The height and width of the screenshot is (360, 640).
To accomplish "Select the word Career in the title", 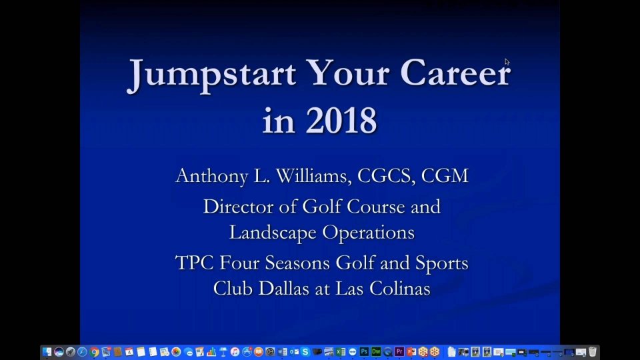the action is point(455,72).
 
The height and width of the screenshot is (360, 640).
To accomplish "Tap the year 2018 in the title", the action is point(341,120).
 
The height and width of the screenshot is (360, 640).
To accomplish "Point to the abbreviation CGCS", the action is point(384,176).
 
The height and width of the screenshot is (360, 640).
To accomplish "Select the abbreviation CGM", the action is point(445,176).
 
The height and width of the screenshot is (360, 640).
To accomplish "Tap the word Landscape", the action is point(273,233).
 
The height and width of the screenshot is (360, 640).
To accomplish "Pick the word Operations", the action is point(369,233).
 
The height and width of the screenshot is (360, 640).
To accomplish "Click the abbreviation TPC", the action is point(194,263).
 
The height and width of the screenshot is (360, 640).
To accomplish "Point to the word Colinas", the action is point(400,289).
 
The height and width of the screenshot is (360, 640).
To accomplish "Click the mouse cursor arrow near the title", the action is point(507,61).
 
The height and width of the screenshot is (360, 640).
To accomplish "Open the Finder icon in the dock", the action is point(47,352).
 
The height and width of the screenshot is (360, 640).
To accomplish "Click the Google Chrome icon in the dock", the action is point(94,352).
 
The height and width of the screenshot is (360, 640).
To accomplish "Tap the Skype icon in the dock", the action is point(305,352).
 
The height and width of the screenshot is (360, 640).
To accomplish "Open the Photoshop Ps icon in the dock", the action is point(364,352).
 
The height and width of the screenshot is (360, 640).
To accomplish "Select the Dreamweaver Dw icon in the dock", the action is point(376,352).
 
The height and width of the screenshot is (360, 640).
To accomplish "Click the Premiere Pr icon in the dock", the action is point(399,352).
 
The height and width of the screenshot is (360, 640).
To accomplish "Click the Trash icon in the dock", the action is point(593,351).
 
